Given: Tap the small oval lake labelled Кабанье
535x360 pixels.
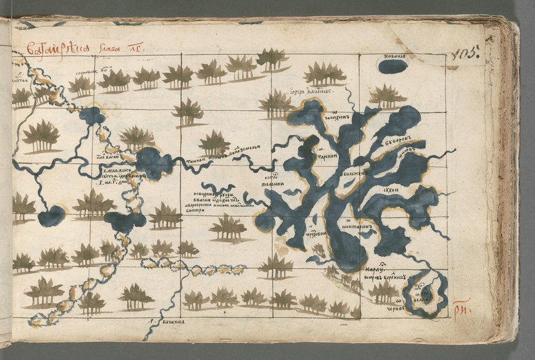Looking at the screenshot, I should tap(393, 67).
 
